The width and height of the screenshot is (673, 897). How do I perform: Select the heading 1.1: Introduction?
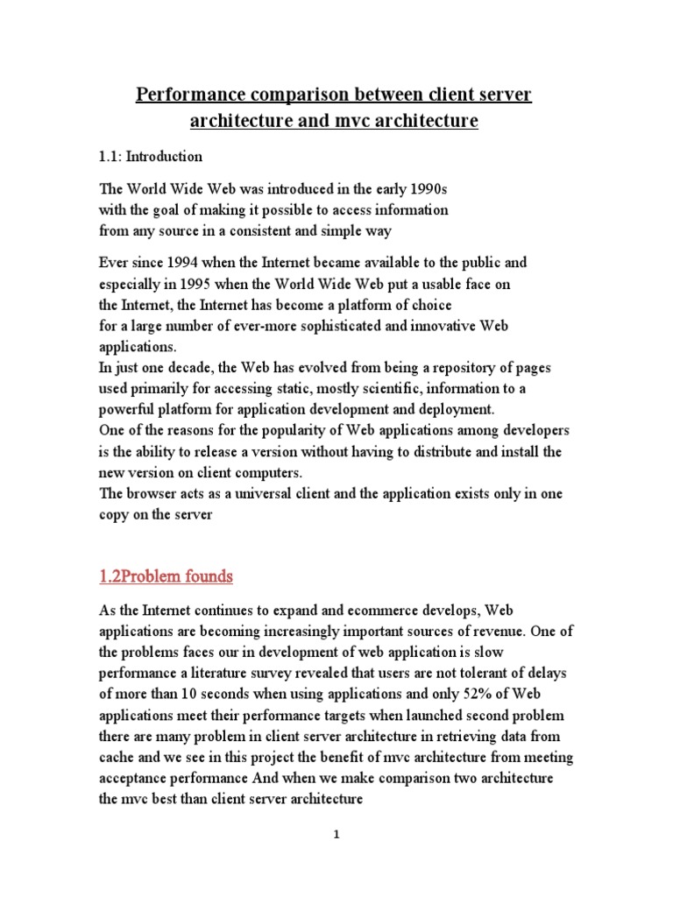pyautogui.click(x=150, y=157)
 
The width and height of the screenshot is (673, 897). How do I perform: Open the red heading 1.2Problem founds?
pyautogui.click(x=166, y=577)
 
